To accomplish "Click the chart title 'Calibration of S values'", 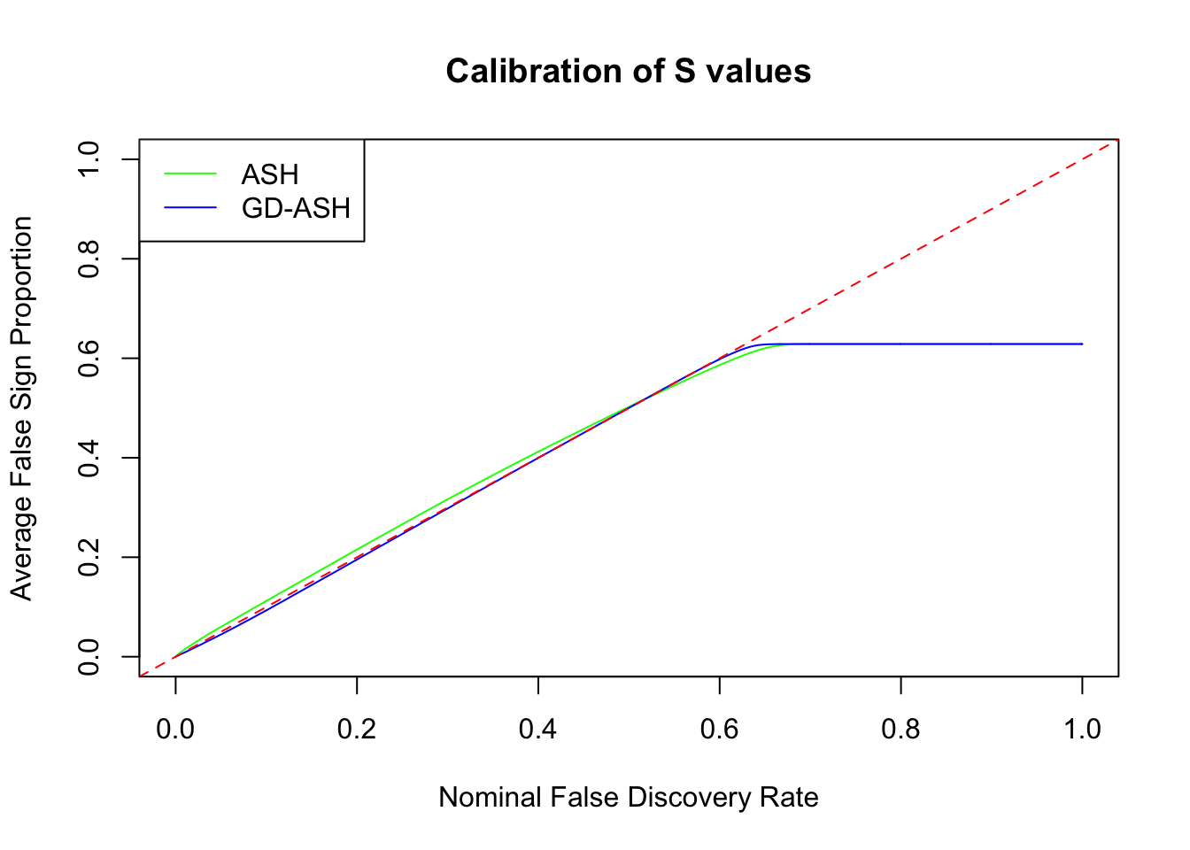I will tap(628, 71).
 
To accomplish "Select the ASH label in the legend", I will tap(270, 174).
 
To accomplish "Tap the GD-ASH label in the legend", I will tap(296, 208).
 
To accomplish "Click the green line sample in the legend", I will tap(190, 174).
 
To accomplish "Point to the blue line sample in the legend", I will tap(190, 208).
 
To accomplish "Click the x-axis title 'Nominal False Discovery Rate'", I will tap(628, 798).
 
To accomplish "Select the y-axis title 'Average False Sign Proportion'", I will tap(21, 408).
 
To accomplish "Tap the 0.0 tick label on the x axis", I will tap(175, 730).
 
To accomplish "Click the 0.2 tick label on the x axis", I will tap(357, 730).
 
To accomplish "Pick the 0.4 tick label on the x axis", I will tap(538, 730).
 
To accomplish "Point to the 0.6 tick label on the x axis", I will tap(720, 730).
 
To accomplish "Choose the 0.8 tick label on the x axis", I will tap(900, 730).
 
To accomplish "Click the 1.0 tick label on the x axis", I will tap(1082, 730).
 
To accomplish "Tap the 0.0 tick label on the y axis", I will tap(89, 657).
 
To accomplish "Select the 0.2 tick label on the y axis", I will tap(89, 558).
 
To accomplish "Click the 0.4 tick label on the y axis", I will tap(89, 458).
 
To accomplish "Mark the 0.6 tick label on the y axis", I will tap(89, 359).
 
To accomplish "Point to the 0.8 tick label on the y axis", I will tap(89, 259).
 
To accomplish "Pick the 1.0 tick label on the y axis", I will tap(89, 159).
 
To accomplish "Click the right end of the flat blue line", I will tap(1081, 344).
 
